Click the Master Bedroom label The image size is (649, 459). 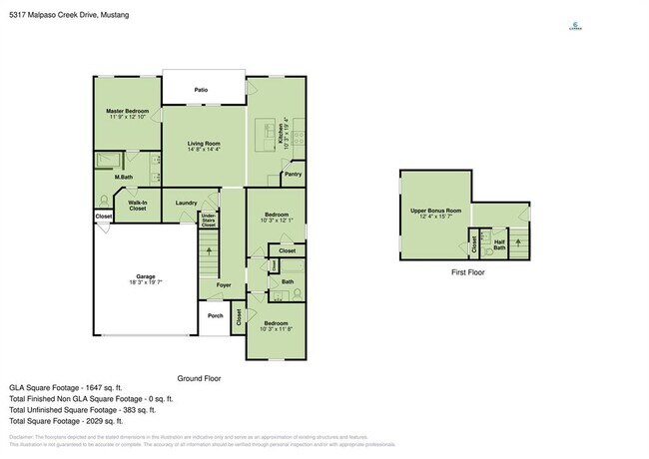pyautogui.click(x=128, y=110)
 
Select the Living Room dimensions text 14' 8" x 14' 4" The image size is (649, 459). pyautogui.click(x=204, y=150)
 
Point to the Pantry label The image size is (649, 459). pyautogui.click(x=293, y=174)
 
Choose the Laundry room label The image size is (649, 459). pyautogui.click(x=186, y=203)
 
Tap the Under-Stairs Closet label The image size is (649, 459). pyautogui.click(x=209, y=221)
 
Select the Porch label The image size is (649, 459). pyautogui.click(x=216, y=316)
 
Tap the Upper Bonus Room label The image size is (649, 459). pyautogui.click(x=435, y=211)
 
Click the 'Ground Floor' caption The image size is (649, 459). pyautogui.click(x=199, y=379)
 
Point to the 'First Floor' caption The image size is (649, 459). pyautogui.click(x=467, y=271)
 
